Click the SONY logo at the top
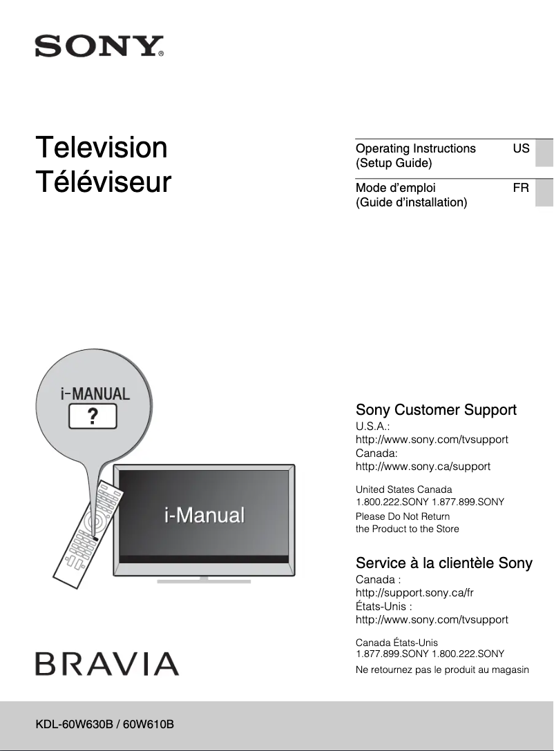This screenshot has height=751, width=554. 99,47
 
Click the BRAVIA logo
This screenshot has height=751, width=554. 107,664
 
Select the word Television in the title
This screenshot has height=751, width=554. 102,148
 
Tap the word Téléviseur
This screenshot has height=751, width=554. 104,183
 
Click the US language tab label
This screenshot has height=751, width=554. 521,148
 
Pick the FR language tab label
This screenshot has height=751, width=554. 521,187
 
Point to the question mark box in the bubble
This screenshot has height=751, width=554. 92,417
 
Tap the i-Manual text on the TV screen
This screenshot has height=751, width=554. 204,515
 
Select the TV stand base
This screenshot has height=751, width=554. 204,581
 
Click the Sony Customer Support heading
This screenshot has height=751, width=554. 436,410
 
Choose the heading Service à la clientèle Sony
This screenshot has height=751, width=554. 443,563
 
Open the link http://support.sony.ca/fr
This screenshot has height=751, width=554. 414,593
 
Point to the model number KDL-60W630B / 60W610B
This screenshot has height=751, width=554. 104,724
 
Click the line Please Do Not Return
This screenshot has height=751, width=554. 402,516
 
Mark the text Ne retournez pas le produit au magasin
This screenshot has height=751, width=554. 442,670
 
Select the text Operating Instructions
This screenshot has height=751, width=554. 415,148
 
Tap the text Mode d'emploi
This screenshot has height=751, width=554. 395,187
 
